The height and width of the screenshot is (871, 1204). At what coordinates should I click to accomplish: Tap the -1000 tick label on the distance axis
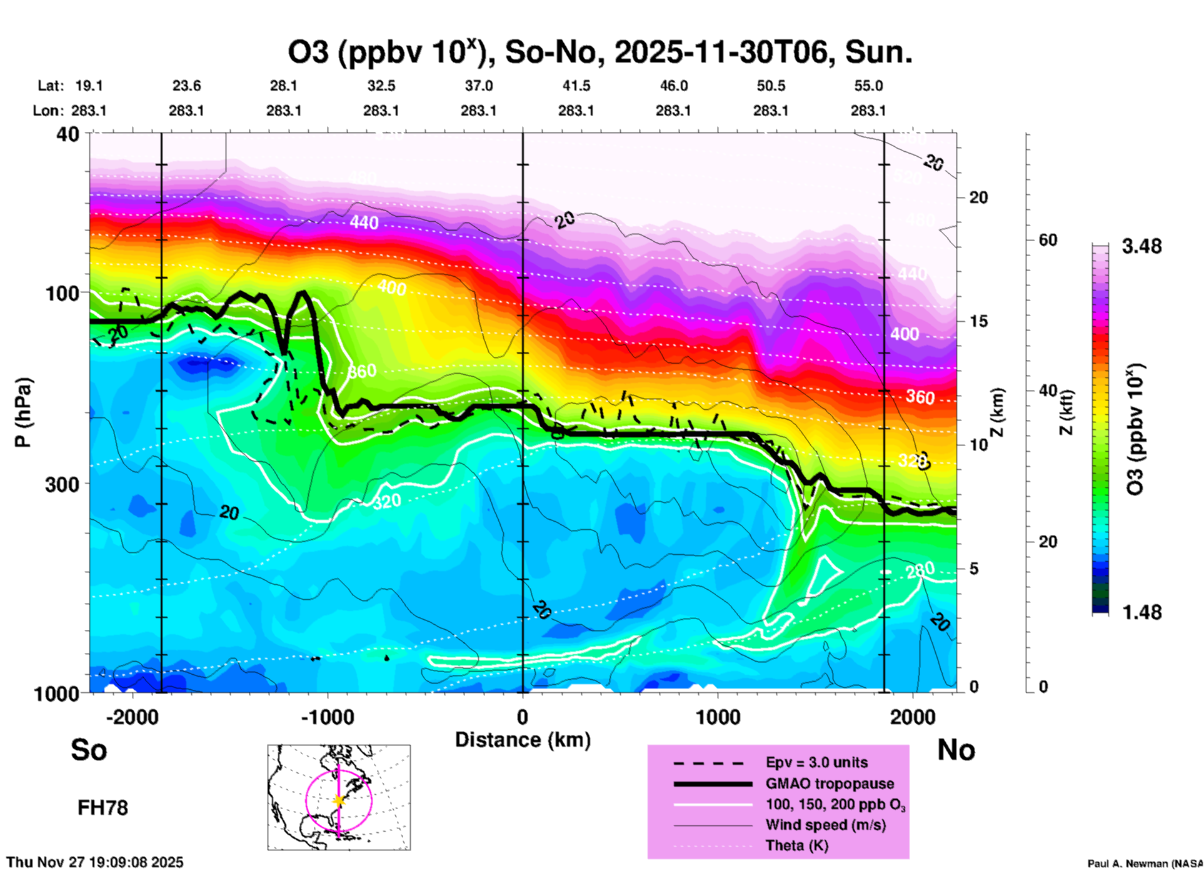[x=328, y=717]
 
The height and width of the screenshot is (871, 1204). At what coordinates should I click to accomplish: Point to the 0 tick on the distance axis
[x=523, y=717]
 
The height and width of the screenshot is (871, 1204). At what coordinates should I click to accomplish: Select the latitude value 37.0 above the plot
[x=479, y=86]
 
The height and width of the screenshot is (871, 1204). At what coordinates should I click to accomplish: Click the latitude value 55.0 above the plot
[x=868, y=86]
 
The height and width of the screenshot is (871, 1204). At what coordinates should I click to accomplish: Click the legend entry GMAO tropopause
[x=830, y=784]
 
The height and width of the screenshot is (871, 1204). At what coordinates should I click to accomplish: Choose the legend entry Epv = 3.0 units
[x=816, y=762]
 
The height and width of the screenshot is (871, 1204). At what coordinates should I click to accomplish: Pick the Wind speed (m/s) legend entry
[x=825, y=825]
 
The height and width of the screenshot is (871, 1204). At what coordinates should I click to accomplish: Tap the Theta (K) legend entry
[x=796, y=845]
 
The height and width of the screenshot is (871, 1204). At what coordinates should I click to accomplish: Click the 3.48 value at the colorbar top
[x=1141, y=247]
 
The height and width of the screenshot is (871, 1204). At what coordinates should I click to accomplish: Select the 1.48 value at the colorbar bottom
[x=1141, y=612]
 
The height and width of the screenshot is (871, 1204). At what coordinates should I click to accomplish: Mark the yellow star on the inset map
[x=339, y=800]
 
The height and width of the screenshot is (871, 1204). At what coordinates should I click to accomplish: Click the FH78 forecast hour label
[x=103, y=808]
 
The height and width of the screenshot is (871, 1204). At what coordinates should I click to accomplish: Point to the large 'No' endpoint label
[x=956, y=750]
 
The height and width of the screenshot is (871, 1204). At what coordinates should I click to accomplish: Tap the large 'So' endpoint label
[x=89, y=750]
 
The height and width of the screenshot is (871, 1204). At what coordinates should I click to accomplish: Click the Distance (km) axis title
[x=523, y=740]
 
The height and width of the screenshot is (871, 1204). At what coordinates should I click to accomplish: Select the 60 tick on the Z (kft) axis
[x=1048, y=240]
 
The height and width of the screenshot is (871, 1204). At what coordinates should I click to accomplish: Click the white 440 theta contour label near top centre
[x=364, y=222]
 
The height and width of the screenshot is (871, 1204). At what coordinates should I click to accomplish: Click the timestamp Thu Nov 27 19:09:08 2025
[x=95, y=862]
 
